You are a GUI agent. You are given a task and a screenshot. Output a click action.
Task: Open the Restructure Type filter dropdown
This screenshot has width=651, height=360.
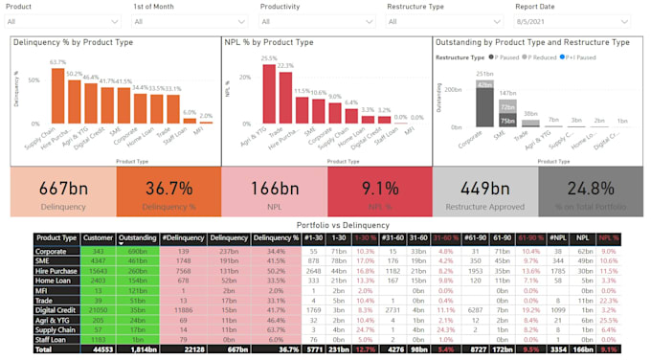443,21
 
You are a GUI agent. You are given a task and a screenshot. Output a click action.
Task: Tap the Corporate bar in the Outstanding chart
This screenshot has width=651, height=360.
485,101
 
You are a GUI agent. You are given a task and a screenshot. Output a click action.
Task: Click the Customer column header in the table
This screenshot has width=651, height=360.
98,237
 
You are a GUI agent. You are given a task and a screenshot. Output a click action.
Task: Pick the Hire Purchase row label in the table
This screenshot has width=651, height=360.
56,271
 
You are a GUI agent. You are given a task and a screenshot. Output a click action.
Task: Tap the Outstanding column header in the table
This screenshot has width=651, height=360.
138,237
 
